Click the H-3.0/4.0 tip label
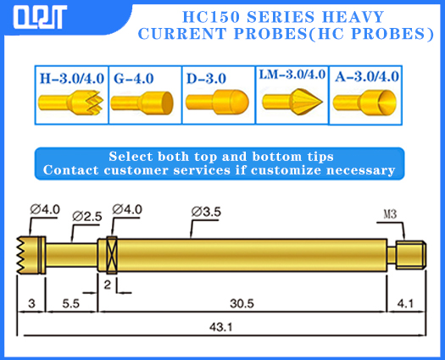point(70,78)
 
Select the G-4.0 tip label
point(134,78)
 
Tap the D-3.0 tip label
point(205,78)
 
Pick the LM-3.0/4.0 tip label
point(292,75)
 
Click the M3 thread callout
point(390,214)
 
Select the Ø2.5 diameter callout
point(86,217)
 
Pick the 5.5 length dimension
point(71,302)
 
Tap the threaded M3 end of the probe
point(409,252)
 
